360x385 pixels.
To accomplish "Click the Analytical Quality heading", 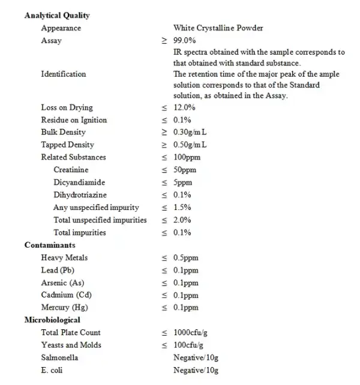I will coord(57,16).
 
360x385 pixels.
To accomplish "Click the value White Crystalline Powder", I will coord(218,28).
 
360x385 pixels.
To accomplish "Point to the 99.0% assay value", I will coord(184,41).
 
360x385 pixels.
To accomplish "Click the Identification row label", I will coord(63,74).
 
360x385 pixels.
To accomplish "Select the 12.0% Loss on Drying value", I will coord(184,108).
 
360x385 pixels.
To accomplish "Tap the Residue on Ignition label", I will coord(74,120).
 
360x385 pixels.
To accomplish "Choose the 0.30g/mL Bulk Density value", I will coord(190,133).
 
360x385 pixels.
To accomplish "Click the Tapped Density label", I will coord(67,145).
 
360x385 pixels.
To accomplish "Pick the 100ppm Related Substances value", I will coord(187,158).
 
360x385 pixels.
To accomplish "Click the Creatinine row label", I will coord(71,170).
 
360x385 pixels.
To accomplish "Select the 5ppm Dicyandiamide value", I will coord(184,183).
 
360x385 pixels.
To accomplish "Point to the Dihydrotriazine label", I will coord(80,195).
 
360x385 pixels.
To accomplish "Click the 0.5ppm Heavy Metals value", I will coord(185,258).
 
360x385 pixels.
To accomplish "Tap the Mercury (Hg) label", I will coord(64,308).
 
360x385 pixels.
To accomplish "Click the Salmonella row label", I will coord(59,358).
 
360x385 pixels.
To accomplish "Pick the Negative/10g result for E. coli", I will coord(196,371).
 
